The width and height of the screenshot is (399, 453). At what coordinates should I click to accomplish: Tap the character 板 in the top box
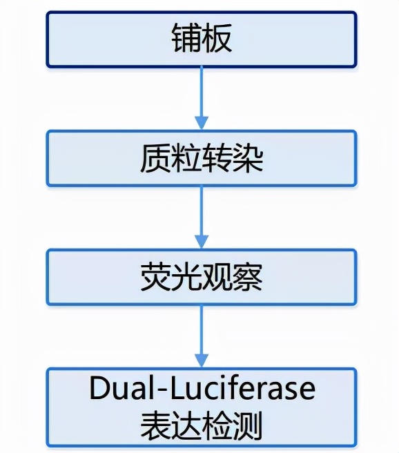click(217, 39)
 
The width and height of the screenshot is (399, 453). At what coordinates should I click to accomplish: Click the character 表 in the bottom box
click(154, 425)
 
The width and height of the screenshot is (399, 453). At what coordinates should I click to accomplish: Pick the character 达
click(185, 425)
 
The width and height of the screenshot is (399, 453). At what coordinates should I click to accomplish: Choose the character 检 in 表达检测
click(217, 425)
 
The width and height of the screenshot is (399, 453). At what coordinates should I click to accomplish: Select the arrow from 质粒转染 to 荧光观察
click(201, 218)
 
